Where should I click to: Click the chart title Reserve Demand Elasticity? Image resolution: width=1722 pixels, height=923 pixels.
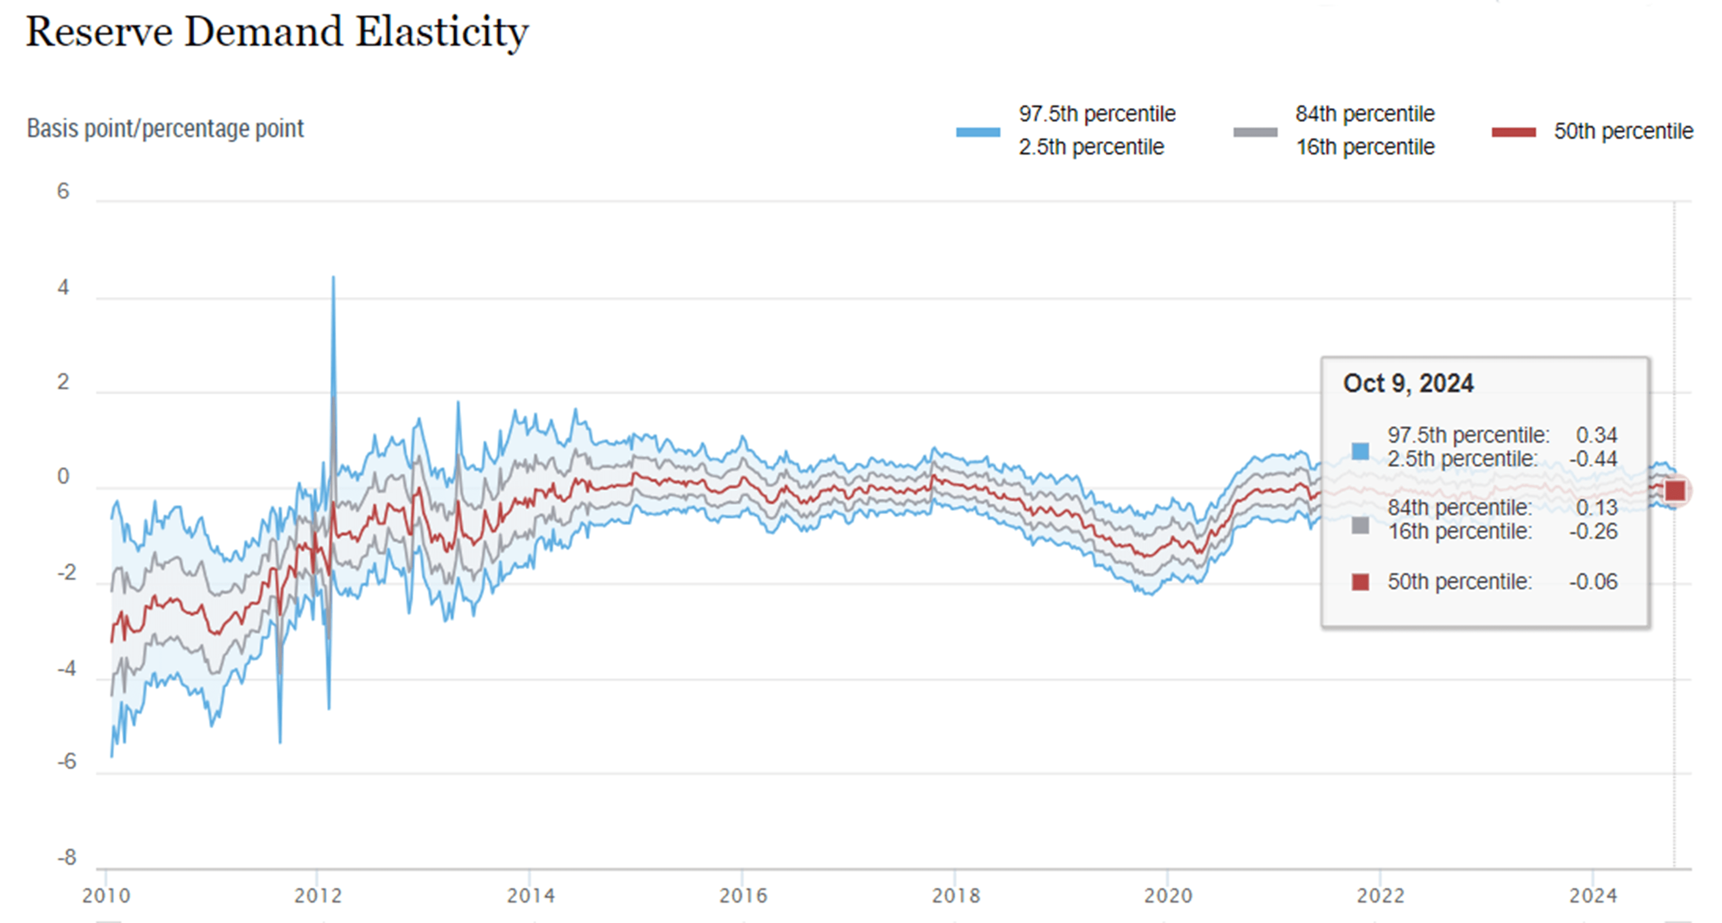coord(277,32)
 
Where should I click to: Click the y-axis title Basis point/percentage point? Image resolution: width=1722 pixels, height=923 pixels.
coord(164,128)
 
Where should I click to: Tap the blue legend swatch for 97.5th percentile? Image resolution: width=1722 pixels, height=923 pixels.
coord(978,132)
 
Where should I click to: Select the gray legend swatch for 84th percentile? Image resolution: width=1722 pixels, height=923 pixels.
coord(1255,132)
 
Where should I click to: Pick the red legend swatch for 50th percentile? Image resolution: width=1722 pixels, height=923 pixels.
coord(1514,132)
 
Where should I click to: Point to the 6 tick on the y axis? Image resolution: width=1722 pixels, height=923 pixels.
coord(63,192)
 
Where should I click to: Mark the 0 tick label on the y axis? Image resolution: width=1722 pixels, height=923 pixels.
coord(63,477)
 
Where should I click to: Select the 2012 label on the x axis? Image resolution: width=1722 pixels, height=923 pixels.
coord(318,896)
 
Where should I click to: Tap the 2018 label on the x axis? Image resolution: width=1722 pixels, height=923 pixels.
coord(956,896)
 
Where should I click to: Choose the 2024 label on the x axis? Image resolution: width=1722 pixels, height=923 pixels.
coord(1593,896)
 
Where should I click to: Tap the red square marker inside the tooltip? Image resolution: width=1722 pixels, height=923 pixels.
coord(1360,582)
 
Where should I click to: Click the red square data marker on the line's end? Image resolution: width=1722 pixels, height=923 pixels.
coord(1675,491)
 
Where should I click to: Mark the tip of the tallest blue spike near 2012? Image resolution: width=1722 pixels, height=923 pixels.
coord(333,277)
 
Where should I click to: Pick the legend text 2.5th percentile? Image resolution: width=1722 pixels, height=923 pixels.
coord(1091,147)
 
